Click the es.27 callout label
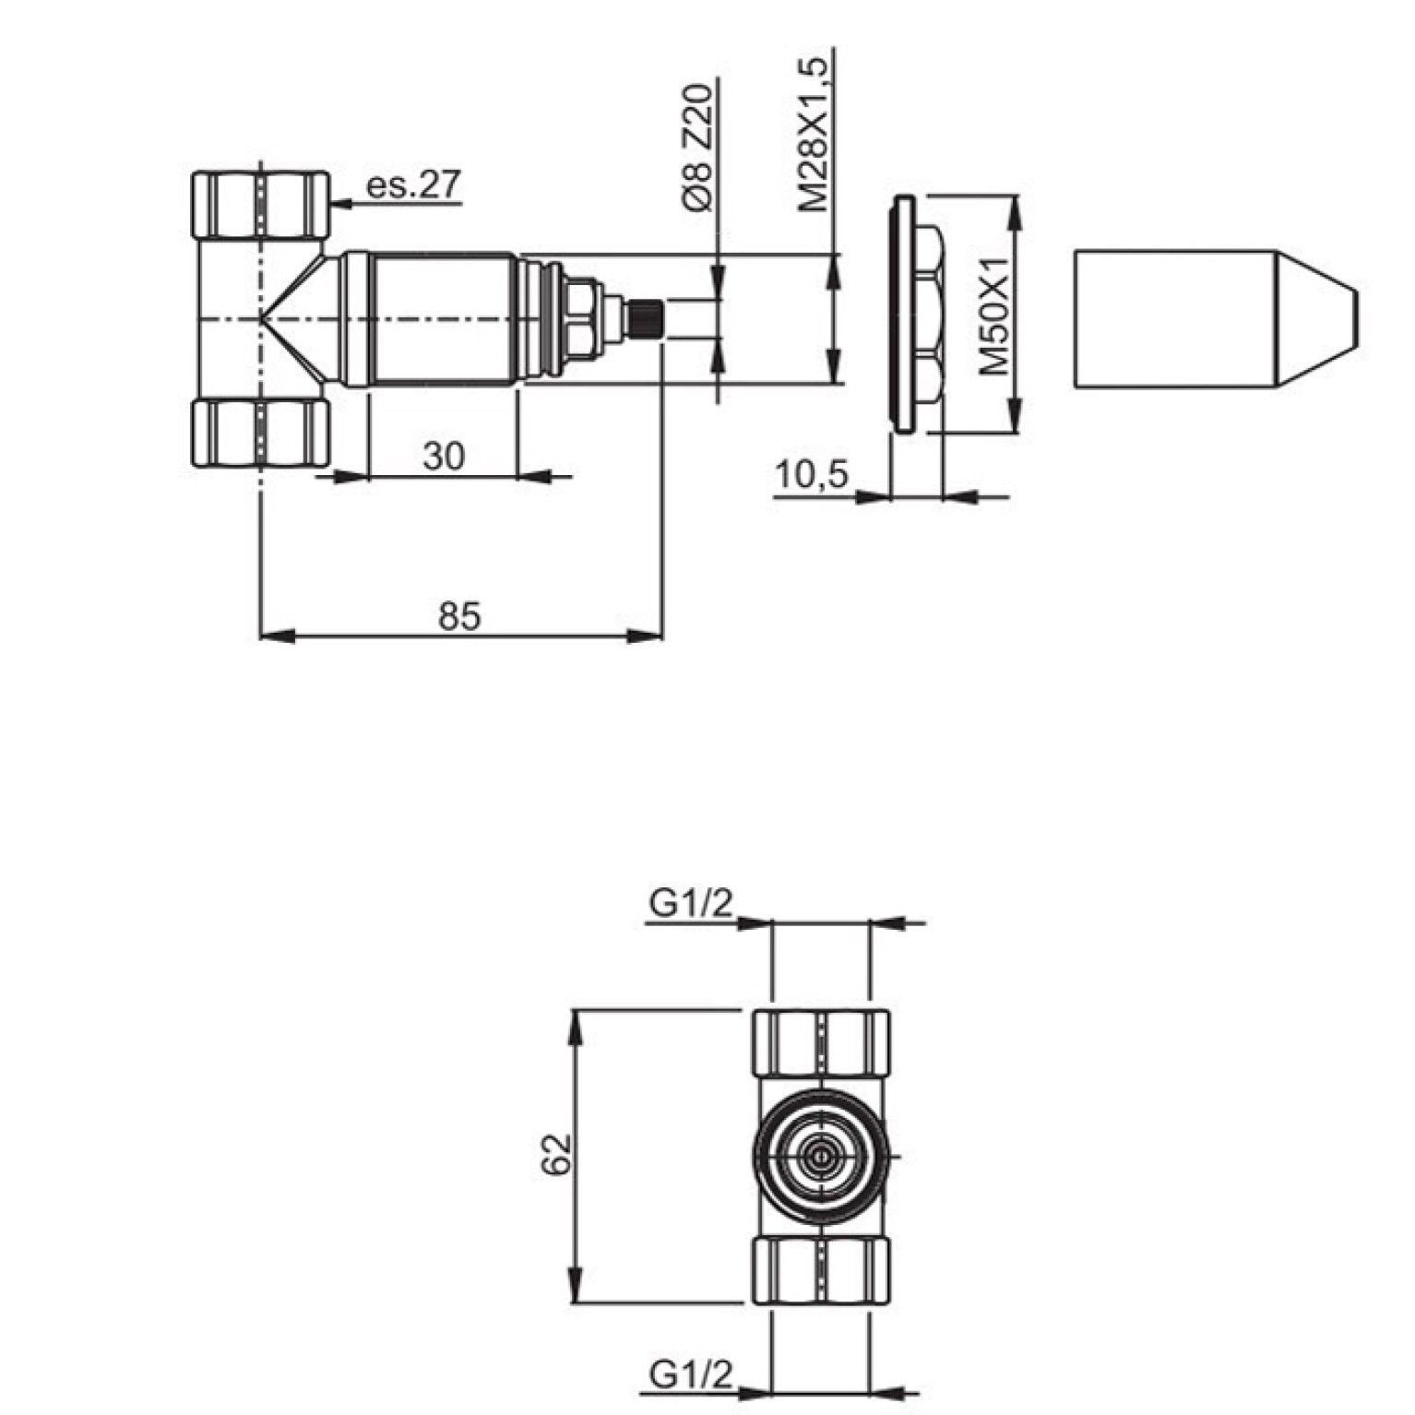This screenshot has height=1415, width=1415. click(x=413, y=185)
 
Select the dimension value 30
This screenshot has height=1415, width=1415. click(x=444, y=456)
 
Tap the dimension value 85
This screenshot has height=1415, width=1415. click(x=459, y=615)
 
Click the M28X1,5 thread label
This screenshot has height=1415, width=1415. click(x=815, y=133)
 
